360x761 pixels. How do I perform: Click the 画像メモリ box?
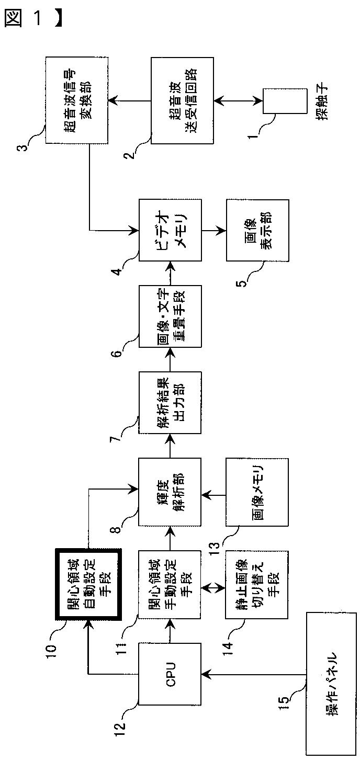[257, 492]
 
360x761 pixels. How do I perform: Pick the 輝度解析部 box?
[170, 492]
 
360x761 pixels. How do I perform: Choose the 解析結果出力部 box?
[170, 403]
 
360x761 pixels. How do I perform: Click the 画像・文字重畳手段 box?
[170, 316]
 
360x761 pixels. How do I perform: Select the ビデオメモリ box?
[170, 230]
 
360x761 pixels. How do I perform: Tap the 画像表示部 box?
[257, 230]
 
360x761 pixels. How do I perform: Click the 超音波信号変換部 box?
[77, 100]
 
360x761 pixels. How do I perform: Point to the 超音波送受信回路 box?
[182, 100]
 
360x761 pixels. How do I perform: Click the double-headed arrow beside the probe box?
[238, 101]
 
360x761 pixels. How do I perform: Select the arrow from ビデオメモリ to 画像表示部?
[214, 230]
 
